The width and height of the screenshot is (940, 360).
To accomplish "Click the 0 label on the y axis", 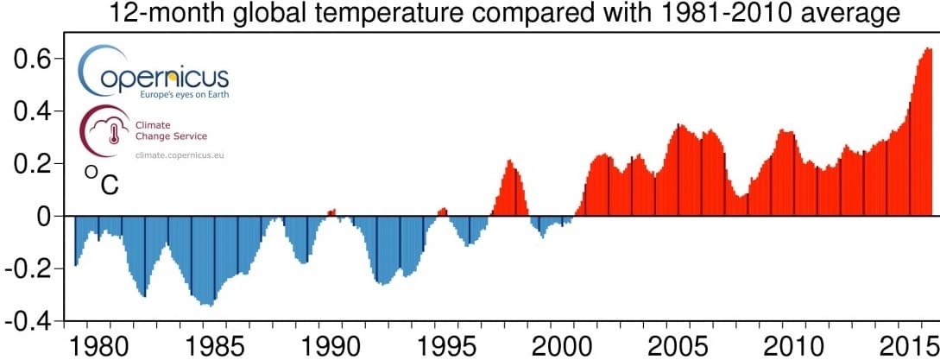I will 44,217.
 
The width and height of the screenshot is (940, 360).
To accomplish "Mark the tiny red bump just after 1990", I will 331,212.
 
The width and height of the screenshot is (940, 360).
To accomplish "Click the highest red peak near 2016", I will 928,49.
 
